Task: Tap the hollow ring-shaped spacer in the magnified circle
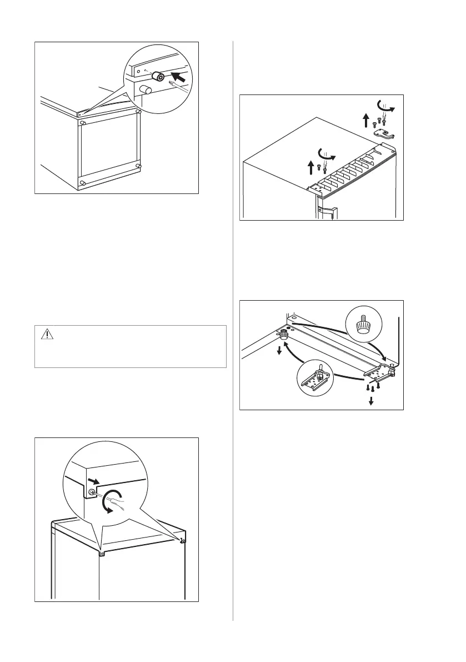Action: click(159, 77)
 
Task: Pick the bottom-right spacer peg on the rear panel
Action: click(139, 166)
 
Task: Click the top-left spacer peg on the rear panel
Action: click(82, 122)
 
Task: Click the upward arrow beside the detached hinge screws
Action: click(365, 121)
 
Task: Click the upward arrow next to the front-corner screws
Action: click(309, 166)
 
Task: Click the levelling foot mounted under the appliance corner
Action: click(284, 335)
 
